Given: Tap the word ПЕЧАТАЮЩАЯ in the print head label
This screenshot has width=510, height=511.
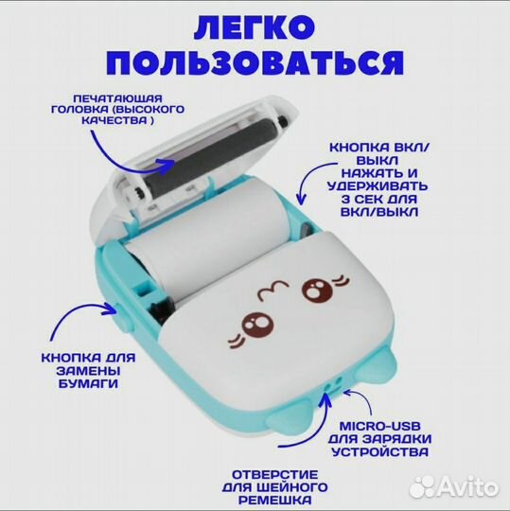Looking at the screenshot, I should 107,97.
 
